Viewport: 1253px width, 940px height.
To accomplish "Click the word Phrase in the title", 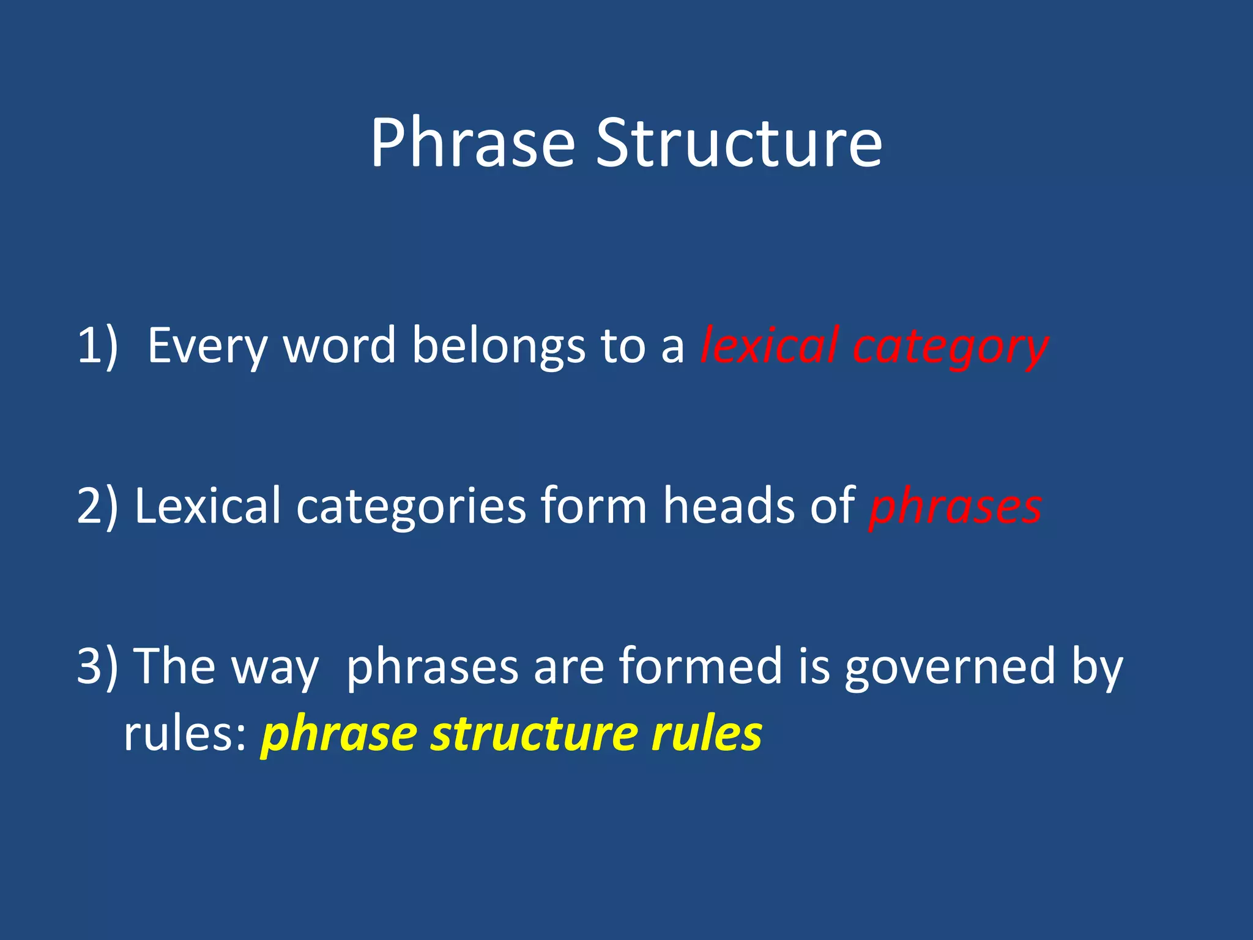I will [472, 143].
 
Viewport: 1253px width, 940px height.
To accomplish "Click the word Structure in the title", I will [739, 143].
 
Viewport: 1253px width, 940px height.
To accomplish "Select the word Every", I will [207, 346].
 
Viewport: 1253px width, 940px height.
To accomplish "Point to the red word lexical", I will [768, 346].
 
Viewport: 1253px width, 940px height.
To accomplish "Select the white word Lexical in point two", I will [207, 506].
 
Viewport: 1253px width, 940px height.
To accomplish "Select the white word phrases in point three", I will [432, 667].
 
